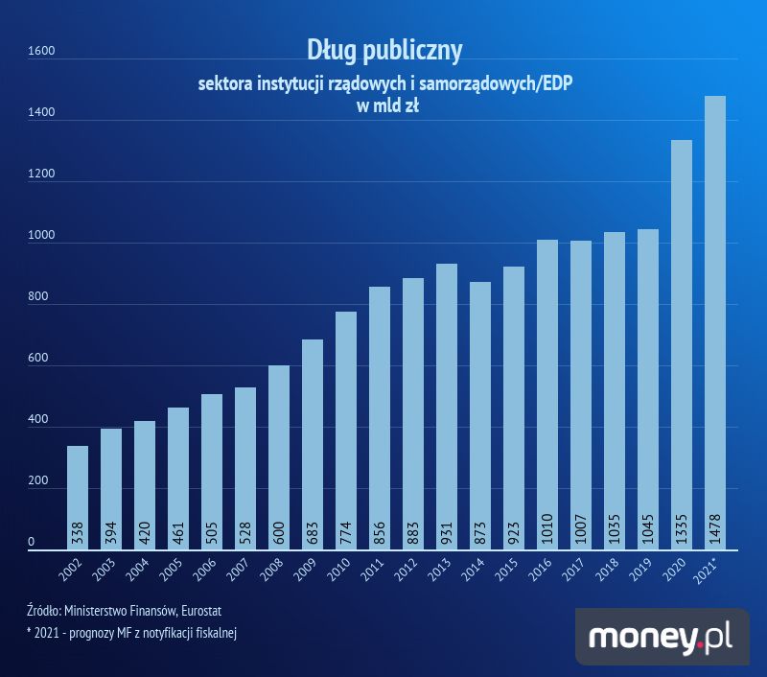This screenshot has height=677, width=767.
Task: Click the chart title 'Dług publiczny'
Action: pyautogui.click(x=384, y=49)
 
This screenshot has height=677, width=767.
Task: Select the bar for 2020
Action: pyautogui.click(x=682, y=345)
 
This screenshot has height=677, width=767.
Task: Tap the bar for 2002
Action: pyautogui.click(x=78, y=499)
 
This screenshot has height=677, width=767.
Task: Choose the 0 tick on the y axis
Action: pyautogui.click(x=31, y=544)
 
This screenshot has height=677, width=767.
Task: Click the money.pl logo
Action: pyautogui.click(x=662, y=636)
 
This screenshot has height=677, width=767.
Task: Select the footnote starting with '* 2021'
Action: pyautogui.click(x=132, y=632)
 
